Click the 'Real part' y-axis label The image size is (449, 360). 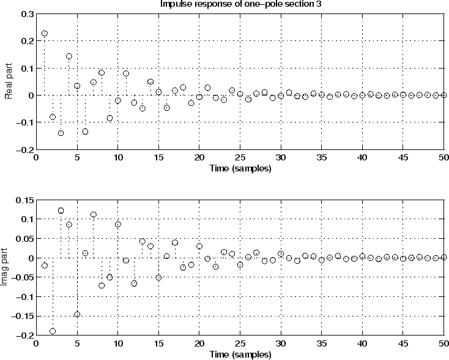9,81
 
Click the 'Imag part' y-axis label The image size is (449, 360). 9,268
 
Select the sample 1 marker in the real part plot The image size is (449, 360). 44,34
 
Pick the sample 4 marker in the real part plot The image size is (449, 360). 69,56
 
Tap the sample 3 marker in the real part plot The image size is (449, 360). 61,133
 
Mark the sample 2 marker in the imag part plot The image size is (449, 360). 53,331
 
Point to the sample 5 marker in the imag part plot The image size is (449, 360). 77,315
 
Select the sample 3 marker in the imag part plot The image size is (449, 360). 61,211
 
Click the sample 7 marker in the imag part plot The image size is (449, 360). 94,215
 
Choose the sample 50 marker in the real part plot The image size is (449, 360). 444,96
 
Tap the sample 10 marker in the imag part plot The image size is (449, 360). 118,225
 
